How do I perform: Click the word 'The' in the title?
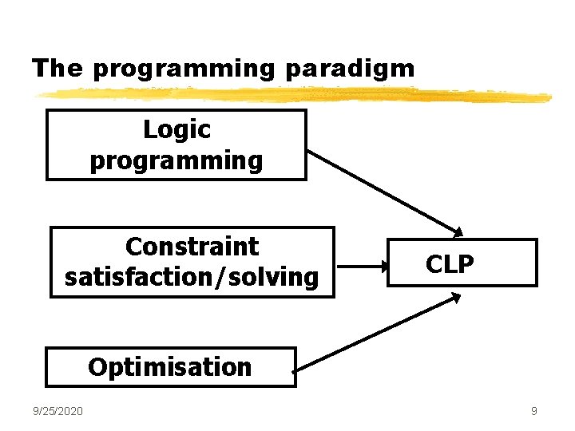point(57,68)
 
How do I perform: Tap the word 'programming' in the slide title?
point(183,69)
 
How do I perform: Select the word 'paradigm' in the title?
point(350,69)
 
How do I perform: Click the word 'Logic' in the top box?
point(176,129)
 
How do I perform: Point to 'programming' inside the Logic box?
point(176,160)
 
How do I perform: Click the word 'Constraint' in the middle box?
point(192,247)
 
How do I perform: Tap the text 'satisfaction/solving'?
point(192,277)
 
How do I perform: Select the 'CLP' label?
point(450,264)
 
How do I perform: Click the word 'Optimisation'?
point(170,367)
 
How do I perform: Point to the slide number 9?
point(533,411)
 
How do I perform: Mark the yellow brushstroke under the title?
point(291,95)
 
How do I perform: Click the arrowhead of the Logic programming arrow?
point(458,232)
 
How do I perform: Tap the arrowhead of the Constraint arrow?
point(383,263)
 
